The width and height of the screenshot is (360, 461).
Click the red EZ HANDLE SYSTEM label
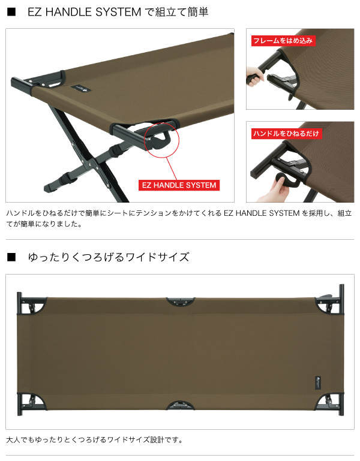(x=179, y=185)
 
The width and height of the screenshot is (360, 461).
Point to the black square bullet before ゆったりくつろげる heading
(x=10, y=257)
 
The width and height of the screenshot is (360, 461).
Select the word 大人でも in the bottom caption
(x=20, y=439)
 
